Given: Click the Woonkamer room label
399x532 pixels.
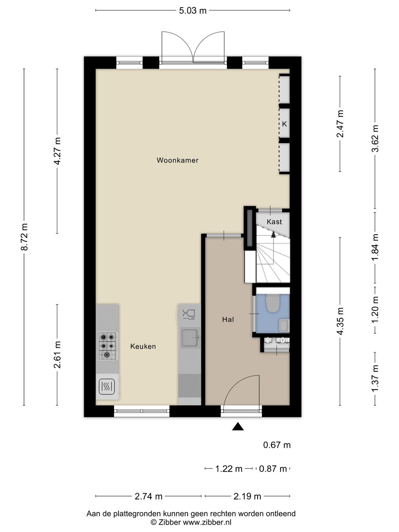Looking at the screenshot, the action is pyautogui.click(x=178, y=160).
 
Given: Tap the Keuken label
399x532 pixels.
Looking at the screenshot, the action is pyautogui.click(x=143, y=346).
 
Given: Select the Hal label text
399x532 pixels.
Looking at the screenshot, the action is pyautogui.click(x=228, y=320).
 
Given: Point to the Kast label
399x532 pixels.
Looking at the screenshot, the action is pyautogui.click(x=274, y=222).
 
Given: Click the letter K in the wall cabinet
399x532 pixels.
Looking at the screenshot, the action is pyautogui.click(x=284, y=124).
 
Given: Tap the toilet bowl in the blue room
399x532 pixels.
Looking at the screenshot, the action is pyautogui.click(x=273, y=303).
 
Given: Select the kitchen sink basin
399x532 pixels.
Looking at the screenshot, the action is pyautogui.click(x=191, y=338).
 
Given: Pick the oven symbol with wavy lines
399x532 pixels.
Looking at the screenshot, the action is pyautogui.click(x=107, y=387).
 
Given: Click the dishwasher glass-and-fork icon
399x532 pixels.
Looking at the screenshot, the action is pyautogui.click(x=189, y=315).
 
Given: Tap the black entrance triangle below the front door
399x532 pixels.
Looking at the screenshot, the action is pyautogui.click(x=238, y=426).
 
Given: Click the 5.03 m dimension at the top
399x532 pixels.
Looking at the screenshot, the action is pyautogui.click(x=193, y=11).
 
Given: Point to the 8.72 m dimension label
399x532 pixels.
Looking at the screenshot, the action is pyautogui.click(x=25, y=237).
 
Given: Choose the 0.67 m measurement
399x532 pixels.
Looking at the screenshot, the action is pyautogui.click(x=277, y=445).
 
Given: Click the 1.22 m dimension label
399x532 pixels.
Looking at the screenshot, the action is pyautogui.click(x=229, y=469).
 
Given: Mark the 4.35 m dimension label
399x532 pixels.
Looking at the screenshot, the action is pyautogui.click(x=340, y=321).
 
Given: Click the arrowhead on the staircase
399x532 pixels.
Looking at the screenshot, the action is pyautogui.click(x=273, y=234).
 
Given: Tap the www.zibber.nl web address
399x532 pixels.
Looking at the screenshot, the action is pyautogui.click(x=207, y=522).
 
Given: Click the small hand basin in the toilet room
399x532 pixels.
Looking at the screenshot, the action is pyautogui.click(x=284, y=325).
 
